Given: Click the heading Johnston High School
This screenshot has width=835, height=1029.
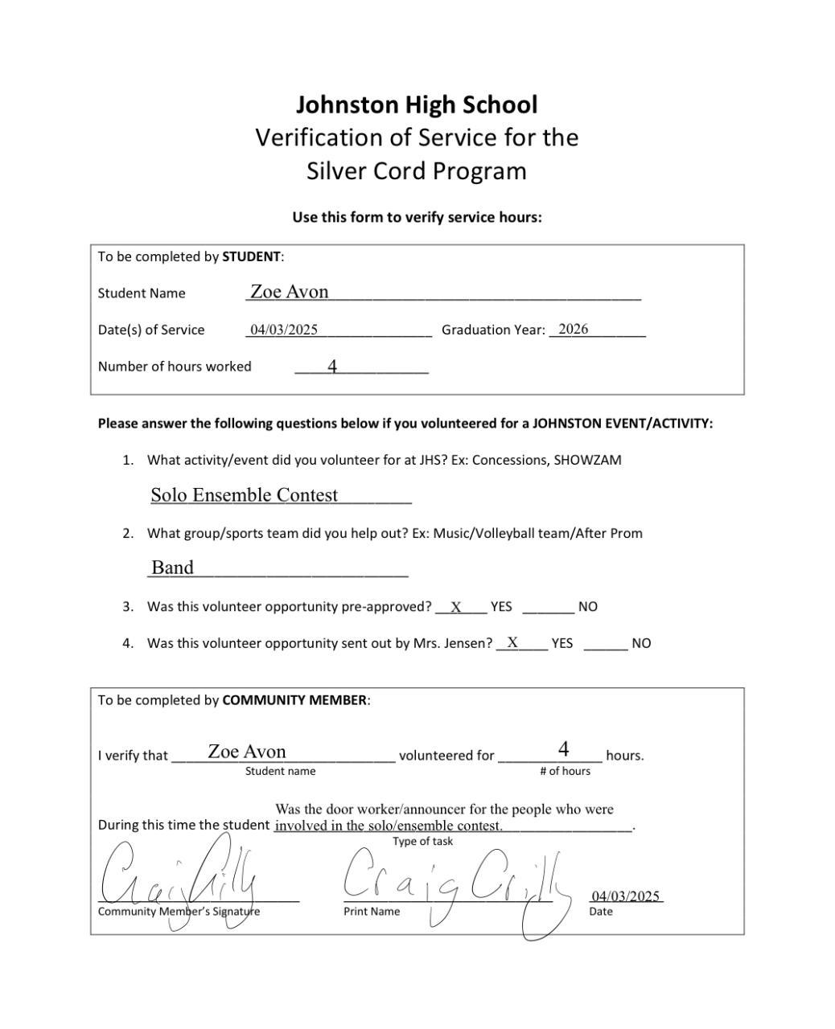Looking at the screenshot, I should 417,105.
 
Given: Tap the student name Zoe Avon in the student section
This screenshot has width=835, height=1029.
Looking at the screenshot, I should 289,292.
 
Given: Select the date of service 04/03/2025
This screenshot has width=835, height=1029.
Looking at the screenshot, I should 284,330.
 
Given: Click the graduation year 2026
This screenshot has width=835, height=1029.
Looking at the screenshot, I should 573,329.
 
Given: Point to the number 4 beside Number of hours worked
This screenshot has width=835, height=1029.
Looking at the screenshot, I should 332,367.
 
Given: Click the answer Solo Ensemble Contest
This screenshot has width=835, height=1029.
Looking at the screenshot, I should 245,495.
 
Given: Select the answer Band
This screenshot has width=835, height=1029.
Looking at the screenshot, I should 172,568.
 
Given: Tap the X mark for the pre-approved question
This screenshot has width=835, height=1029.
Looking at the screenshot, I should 456,607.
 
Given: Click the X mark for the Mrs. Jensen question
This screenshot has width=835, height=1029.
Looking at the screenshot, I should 512,642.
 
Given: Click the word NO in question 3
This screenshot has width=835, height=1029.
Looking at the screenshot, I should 587,607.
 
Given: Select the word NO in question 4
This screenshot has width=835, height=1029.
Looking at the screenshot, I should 641,643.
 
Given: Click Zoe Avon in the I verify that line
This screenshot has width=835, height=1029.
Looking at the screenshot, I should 247,752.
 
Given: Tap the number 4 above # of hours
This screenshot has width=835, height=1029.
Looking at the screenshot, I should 564,749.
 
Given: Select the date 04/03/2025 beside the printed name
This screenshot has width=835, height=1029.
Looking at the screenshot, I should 625,896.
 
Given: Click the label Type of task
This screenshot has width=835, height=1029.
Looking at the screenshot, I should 422,842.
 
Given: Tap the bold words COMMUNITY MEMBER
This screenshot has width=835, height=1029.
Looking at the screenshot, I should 294,700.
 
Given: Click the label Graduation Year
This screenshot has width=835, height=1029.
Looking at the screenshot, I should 492,330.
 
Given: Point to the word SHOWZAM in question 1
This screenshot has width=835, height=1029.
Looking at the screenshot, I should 587,461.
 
